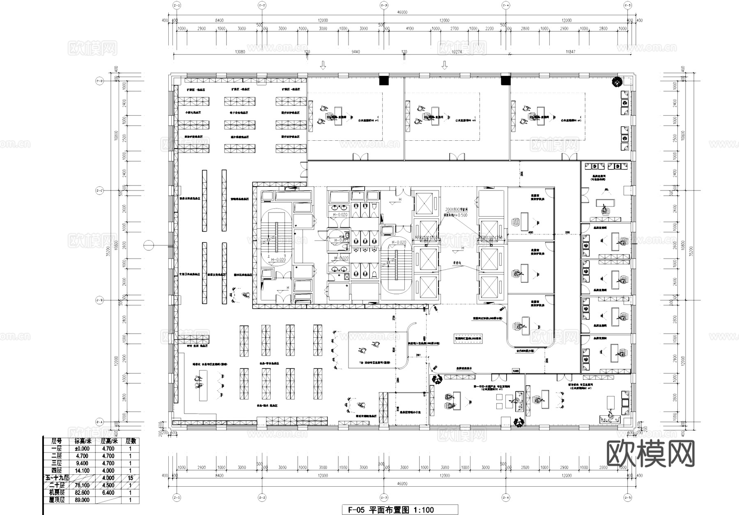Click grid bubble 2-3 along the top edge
pyautogui.click(x=383, y=5)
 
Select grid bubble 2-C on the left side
pyautogui.click(x=99, y=191)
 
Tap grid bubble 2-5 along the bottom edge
pyautogui.click(x=627, y=497)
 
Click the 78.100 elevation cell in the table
pyautogui.click(x=83, y=485)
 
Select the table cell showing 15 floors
pyautogui.click(x=130, y=478)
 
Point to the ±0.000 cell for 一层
pyautogui.click(x=83, y=449)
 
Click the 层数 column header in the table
pyautogui.click(x=130, y=441)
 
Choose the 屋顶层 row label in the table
pyautogui.click(x=57, y=500)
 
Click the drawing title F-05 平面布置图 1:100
pyautogui.click(x=390, y=510)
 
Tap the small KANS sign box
pyautogui.click(x=516, y=371)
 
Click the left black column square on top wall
pyautogui.click(x=383, y=80)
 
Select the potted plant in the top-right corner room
pyautogui.click(x=616, y=82)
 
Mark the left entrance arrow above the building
pyautogui.click(x=323, y=65)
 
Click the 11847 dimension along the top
pyautogui.click(x=570, y=52)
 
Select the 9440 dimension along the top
pyautogui.click(x=355, y=52)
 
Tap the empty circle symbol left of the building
pyautogui.click(x=149, y=245)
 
